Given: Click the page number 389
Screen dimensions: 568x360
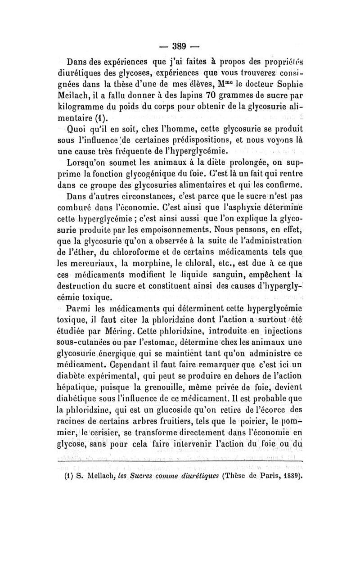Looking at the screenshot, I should [x=180, y=46].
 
